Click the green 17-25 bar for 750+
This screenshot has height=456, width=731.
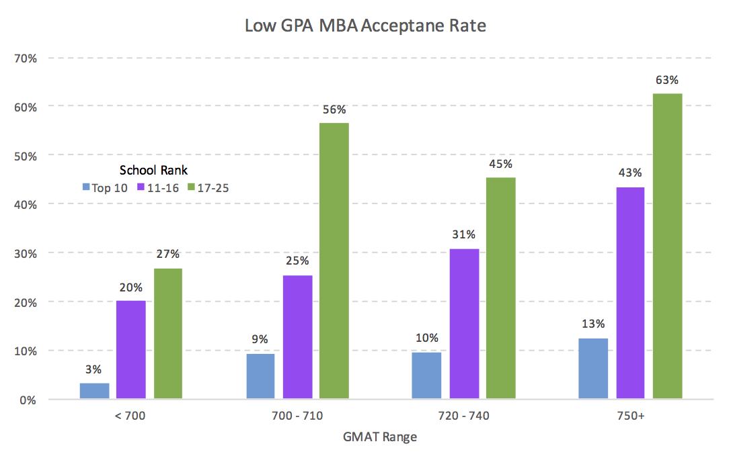click(x=667, y=246)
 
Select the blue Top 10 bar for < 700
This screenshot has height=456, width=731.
click(x=94, y=391)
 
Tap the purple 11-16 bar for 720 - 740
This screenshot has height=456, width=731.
click(x=463, y=324)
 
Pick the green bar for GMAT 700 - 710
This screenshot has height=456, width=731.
click(x=334, y=261)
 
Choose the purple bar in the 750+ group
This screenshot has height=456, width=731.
click(x=629, y=293)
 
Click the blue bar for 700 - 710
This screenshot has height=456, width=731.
click(x=260, y=376)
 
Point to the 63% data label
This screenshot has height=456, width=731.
click(x=667, y=81)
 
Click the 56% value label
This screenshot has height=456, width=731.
click(x=334, y=109)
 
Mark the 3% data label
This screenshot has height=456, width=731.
click(x=93, y=369)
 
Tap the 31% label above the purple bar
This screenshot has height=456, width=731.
click(x=464, y=234)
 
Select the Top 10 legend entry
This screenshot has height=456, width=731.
click(x=105, y=187)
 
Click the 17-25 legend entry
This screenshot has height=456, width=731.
click(x=208, y=187)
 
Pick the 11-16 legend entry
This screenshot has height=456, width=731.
click(x=158, y=187)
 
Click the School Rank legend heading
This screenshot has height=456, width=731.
click(x=153, y=170)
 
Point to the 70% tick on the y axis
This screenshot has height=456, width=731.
click(x=26, y=58)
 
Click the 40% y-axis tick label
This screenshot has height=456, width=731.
click(x=26, y=204)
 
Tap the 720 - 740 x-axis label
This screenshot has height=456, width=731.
click(x=463, y=416)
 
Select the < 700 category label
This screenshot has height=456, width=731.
click(x=130, y=416)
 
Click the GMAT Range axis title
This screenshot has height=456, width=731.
click(x=381, y=437)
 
